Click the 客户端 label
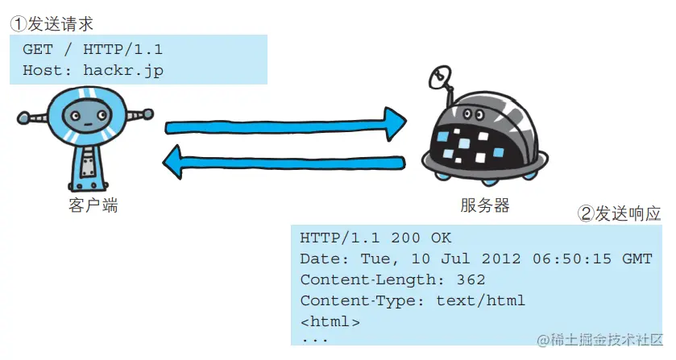click(x=93, y=206)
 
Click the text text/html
click(x=480, y=301)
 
